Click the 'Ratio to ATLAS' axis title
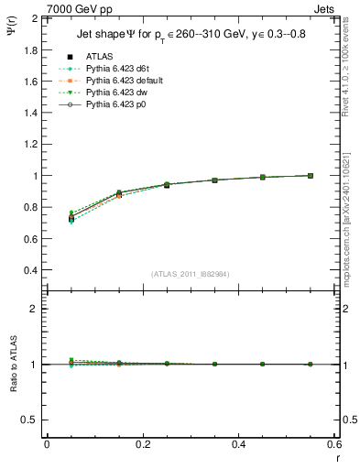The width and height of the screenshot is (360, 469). coord(13,387)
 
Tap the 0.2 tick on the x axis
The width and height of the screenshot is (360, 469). coord(143,444)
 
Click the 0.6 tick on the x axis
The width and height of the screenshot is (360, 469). coord(335,444)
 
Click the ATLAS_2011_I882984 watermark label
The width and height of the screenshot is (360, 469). coord(190,274)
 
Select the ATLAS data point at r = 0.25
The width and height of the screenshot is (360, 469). coord(167,184)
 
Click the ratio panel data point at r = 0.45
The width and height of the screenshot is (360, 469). coord(263,364)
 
